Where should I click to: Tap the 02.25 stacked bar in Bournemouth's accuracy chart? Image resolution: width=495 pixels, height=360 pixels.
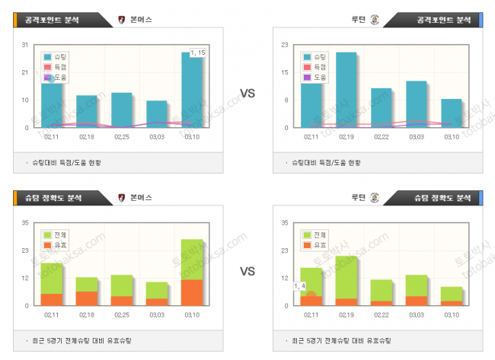pyautogui.click(x=122, y=290)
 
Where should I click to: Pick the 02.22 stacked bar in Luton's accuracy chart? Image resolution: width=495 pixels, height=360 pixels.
pyautogui.click(x=381, y=293)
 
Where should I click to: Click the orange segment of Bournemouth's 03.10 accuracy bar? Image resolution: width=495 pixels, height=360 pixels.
pyautogui.click(x=192, y=293)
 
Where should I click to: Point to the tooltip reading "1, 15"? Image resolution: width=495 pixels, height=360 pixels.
pyautogui.click(x=197, y=53)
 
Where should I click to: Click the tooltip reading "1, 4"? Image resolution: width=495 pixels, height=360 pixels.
pyautogui.click(x=300, y=285)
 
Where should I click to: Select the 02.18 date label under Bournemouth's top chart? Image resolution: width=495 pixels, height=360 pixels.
pyautogui.click(x=87, y=137)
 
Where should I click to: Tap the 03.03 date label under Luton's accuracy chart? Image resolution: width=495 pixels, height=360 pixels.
pyautogui.click(x=416, y=314)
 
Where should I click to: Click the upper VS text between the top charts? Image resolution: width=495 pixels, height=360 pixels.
pyautogui.click(x=247, y=94)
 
